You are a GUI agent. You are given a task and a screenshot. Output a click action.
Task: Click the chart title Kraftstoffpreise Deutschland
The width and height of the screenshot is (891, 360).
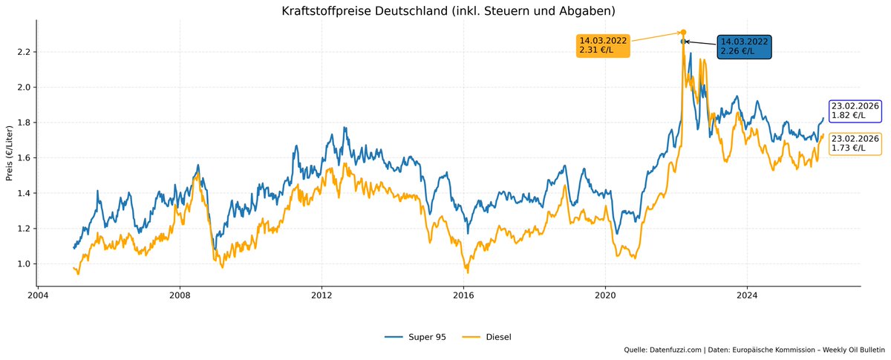coord(448,11)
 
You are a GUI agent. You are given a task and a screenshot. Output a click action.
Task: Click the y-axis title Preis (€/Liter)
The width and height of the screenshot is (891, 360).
coord(10,153)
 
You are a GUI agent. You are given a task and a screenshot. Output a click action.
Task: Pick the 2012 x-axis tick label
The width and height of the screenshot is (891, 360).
coord(322,294)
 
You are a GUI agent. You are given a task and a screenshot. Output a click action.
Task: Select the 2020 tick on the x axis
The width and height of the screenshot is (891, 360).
coord(605,294)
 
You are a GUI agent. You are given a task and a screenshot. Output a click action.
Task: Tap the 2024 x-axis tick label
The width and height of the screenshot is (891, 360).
coord(747,294)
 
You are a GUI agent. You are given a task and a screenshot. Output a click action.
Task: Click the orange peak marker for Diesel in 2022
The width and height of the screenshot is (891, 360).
coord(683,33)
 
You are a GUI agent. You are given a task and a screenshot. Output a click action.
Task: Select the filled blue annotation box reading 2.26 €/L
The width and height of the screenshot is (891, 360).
coord(744,47)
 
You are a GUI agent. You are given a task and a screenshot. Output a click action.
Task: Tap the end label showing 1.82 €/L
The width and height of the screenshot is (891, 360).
coord(855,111)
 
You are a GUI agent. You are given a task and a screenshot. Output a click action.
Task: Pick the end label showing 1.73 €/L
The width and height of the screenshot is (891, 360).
coord(855,143)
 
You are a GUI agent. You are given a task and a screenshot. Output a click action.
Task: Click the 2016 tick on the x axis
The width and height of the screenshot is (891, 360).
coord(463,294)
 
